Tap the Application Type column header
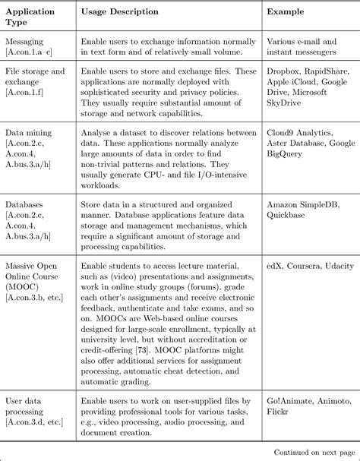(33, 17)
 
